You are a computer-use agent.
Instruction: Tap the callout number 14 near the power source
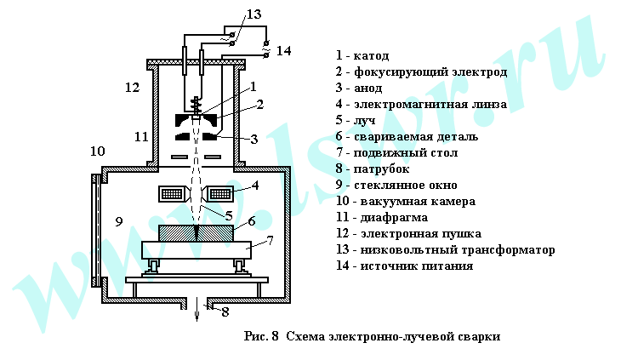pyautogui.click(x=283, y=51)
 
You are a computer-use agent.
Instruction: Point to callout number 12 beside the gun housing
pyautogui.click(x=131, y=87)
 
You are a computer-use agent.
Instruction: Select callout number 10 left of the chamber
pyautogui.click(x=98, y=151)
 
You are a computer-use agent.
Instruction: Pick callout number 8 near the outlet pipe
pyautogui.click(x=225, y=311)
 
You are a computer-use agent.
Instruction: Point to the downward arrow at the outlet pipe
pyautogui.click(x=197, y=311)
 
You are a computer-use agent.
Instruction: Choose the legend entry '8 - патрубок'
pyautogui.click(x=373, y=169)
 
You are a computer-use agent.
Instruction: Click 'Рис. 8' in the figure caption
pyautogui.click(x=261, y=335)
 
